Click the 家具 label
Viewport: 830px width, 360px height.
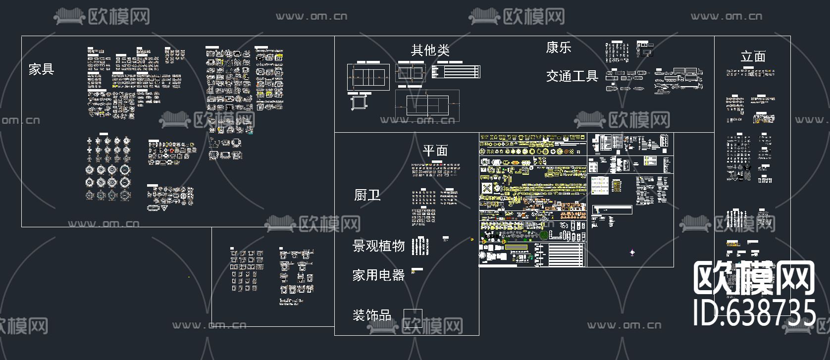[x=41, y=69]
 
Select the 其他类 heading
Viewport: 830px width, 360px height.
[x=430, y=50]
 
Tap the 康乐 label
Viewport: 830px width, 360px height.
[x=559, y=48]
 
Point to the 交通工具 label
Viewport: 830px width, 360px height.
[x=572, y=76]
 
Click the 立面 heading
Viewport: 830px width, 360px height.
[x=753, y=56]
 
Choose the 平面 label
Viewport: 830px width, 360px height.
[x=435, y=151]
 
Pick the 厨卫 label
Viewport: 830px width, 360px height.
[x=367, y=195]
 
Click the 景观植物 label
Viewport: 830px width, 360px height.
[x=378, y=246]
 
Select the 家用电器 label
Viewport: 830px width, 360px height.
[x=378, y=275]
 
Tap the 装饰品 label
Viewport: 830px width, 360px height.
[x=371, y=315]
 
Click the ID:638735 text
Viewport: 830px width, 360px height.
[x=754, y=313]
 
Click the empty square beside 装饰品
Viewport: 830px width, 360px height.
[x=413, y=318]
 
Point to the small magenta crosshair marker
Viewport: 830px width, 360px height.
[x=632, y=253]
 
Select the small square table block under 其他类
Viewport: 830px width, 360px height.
[x=358, y=102]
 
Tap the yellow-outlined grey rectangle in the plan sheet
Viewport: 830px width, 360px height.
[x=517, y=247]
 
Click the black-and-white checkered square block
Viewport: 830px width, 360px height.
[x=487, y=188]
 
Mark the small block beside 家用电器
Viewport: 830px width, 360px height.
[x=417, y=270]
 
